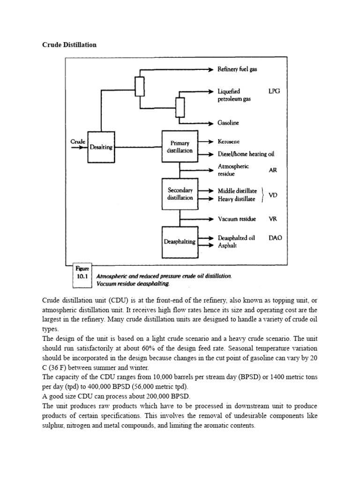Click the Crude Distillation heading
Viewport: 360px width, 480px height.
[69, 45]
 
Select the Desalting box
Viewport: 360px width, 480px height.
[101, 147]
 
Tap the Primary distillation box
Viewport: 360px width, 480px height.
[180, 147]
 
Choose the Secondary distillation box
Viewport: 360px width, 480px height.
[180, 194]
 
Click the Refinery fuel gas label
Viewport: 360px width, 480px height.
[237, 69]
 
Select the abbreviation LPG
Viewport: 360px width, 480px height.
[274, 91]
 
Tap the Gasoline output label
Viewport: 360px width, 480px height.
[228, 123]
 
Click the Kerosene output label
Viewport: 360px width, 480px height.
[228, 141]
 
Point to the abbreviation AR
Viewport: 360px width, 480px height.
[273, 170]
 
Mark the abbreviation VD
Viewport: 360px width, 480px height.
[273, 195]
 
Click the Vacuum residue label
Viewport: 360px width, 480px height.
[237, 219]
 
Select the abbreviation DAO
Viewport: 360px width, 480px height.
[276, 238]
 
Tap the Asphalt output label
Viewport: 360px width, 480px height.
[227, 246]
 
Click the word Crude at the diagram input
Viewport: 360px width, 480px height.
[78, 141]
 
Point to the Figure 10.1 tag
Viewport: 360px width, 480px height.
[82, 273]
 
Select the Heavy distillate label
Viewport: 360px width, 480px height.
[237, 199]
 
